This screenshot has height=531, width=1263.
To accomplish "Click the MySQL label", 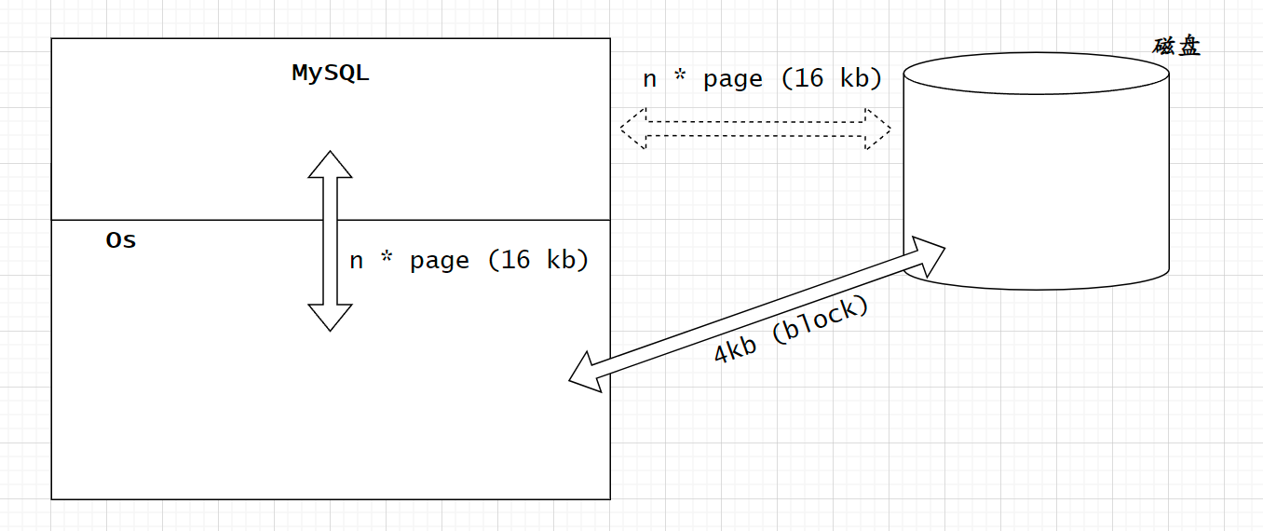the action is [331, 74].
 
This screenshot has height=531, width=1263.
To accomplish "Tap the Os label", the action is [121, 240].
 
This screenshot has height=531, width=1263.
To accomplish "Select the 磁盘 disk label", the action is [1176, 46].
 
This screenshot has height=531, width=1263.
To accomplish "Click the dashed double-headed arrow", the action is [755, 129].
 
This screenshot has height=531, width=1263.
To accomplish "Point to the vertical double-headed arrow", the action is [331, 240].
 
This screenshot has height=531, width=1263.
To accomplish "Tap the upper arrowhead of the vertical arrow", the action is [331, 164].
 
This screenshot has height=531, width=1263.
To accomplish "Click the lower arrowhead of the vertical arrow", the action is [331, 318].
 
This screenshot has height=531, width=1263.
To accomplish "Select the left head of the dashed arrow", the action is [634, 129].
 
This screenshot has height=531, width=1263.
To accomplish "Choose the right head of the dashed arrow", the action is [876, 129].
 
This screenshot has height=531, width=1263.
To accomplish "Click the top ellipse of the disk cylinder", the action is [1036, 73].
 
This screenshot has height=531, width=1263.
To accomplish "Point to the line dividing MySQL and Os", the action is [186, 220].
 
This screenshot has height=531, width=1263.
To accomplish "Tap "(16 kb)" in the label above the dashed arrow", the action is [832, 79].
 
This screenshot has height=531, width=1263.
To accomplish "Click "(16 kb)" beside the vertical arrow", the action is [539, 260].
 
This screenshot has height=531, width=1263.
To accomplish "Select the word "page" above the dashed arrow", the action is [733, 79].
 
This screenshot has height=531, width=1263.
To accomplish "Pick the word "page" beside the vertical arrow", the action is [440, 261].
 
